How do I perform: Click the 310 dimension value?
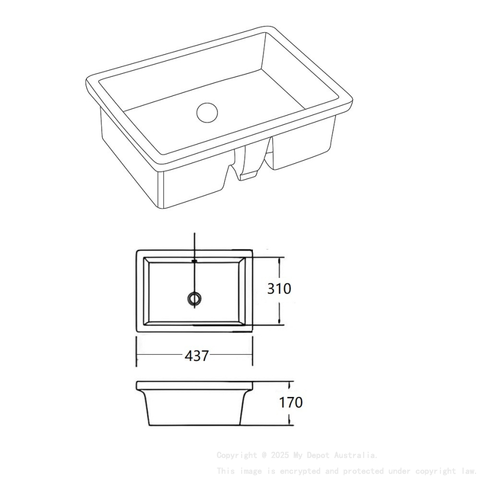point(279,289)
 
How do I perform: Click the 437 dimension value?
point(197,356)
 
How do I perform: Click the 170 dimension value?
point(290,403)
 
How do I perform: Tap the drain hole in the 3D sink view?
point(207,111)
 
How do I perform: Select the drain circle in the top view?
point(194,298)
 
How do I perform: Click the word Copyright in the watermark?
point(236,455)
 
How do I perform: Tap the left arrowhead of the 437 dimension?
point(139,356)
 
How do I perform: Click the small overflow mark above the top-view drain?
point(194,261)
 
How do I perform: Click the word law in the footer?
point(468,470)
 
